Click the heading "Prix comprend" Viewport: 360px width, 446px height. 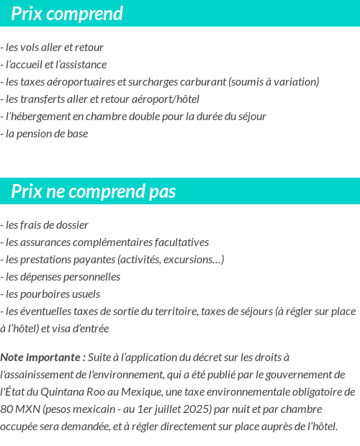pos(67,14)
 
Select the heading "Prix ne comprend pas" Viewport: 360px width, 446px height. pos(94,191)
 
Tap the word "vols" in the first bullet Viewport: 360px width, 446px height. pos(32,47)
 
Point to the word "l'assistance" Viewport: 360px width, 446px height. pos(81,65)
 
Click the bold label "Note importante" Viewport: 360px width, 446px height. pos(42,357)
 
